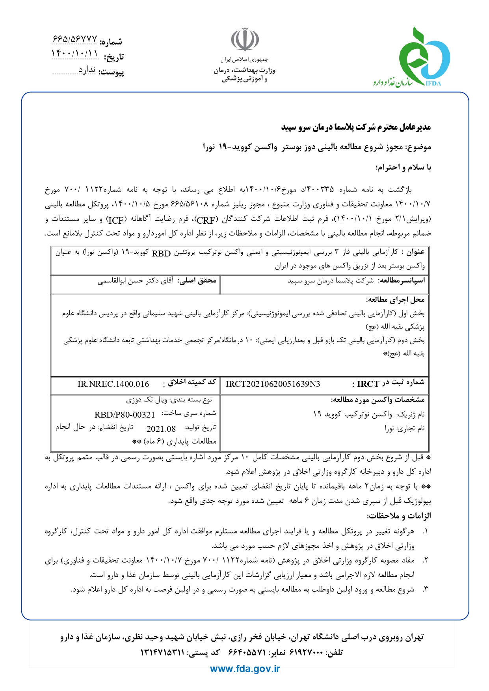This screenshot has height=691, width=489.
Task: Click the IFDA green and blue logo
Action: [x=420, y=57]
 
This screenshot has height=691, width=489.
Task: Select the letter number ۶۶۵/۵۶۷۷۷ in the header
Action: [x=74, y=39]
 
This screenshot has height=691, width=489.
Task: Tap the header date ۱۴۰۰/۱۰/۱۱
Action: [x=74, y=54]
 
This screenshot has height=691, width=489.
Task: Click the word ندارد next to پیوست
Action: [x=87, y=70]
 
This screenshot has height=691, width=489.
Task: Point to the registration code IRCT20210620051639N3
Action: [x=273, y=384]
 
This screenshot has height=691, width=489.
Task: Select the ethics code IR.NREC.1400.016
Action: [x=113, y=384]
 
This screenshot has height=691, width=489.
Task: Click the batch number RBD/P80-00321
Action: [x=125, y=414]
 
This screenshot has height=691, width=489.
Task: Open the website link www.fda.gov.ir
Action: [x=245, y=669]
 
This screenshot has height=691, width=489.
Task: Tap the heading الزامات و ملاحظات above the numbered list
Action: [x=399, y=516]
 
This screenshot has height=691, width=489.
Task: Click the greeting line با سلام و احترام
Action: [x=403, y=167]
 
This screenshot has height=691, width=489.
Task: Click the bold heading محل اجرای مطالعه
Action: [x=395, y=300]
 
